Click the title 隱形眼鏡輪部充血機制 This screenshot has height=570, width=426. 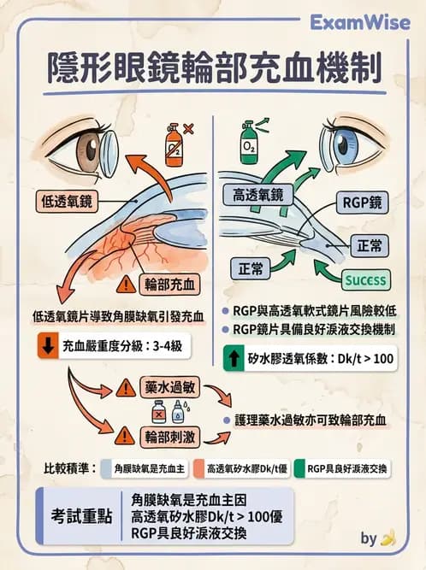tap(213, 67)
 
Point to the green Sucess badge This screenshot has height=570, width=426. tap(365, 279)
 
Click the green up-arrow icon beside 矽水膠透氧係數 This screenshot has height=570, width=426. tap(233, 358)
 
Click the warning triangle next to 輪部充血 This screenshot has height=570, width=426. tap(126, 285)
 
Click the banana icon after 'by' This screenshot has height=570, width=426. tap(388, 538)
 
